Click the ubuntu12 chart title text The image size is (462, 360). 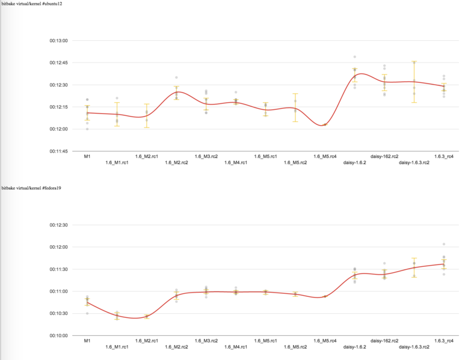(x=32, y=4)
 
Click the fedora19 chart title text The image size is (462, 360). (x=31, y=188)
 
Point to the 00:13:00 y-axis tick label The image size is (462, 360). (x=58, y=41)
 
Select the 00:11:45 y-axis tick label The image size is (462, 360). (x=58, y=151)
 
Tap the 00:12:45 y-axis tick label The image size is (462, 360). (x=58, y=63)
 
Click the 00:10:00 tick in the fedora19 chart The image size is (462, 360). (x=58, y=335)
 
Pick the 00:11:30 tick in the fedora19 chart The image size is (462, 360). (x=58, y=269)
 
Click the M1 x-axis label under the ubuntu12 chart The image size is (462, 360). (x=87, y=157)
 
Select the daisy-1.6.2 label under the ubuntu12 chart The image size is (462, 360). (x=355, y=162)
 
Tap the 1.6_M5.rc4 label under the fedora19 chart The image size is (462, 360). (x=325, y=341)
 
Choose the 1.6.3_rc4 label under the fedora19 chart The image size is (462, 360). (x=444, y=341)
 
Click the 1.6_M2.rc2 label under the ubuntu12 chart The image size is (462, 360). (x=176, y=162)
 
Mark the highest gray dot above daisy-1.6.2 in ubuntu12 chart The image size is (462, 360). (x=355, y=57)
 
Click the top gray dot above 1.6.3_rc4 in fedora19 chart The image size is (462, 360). (x=444, y=244)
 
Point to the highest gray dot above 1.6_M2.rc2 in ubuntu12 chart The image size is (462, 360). (x=176, y=78)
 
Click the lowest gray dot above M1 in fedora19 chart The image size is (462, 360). (x=87, y=313)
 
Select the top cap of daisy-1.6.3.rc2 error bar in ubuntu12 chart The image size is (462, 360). (x=414, y=61)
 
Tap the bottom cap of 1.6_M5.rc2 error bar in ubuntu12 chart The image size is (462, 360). (x=295, y=121)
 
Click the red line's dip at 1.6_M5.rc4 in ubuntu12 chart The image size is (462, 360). (x=322, y=126)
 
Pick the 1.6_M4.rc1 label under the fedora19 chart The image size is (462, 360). (x=236, y=347)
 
